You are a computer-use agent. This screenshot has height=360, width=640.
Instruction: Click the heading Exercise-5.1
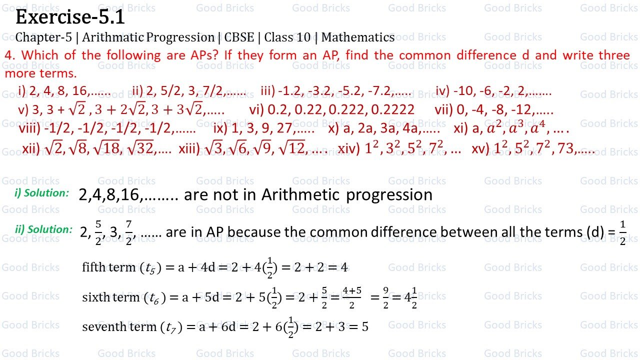click(x=70, y=18)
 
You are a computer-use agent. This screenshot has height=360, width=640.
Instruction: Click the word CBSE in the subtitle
click(x=239, y=37)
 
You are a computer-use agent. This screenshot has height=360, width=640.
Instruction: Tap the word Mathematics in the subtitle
click(x=358, y=37)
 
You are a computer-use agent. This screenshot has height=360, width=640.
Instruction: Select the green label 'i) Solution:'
click(x=41, y=193)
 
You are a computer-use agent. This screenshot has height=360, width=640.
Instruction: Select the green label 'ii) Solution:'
click(x=44, y=229)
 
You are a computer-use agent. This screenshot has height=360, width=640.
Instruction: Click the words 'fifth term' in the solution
click(x=108, y=267)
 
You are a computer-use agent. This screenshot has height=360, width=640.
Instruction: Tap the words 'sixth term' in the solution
click(x=110, y=297)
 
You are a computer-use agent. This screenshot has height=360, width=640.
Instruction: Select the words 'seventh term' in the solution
click(x=119, y=327)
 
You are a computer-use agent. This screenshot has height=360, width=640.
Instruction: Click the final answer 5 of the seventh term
click(x=365, y=327)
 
